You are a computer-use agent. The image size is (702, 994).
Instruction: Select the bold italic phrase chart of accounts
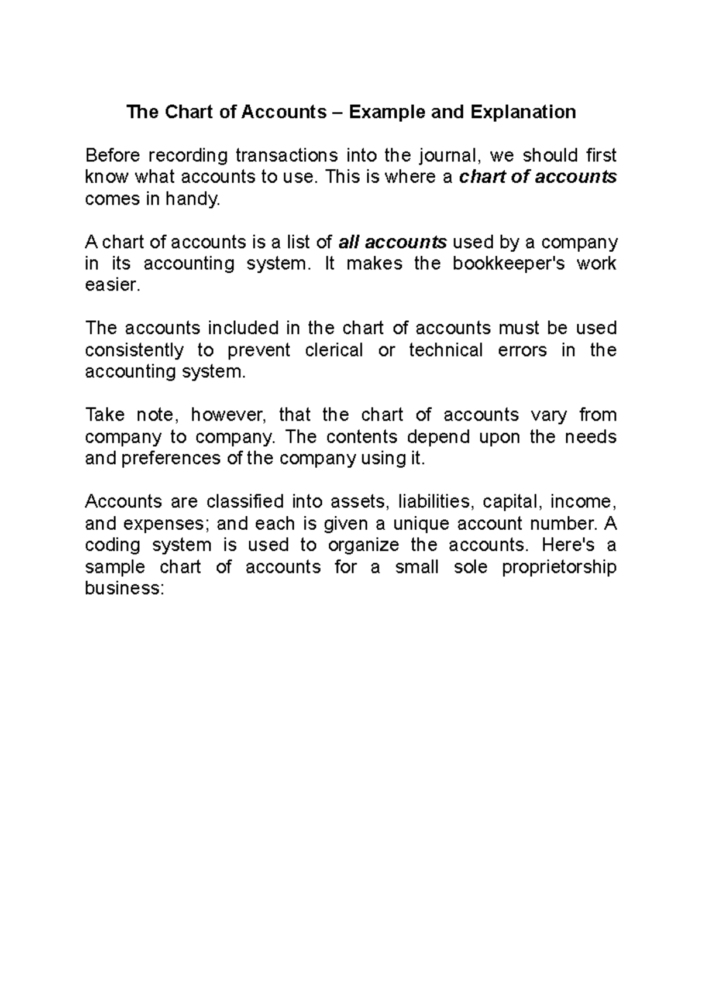click(x=538, y=177)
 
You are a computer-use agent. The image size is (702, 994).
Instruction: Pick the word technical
click(x=446, y=350)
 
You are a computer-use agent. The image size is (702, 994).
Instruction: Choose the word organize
click(x=363, y=545)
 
